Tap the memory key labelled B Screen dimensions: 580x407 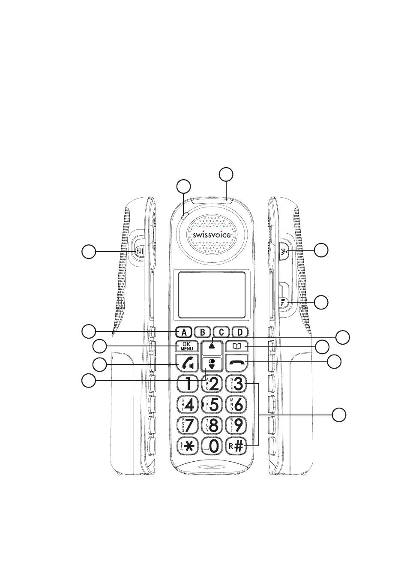(x=203, y=332)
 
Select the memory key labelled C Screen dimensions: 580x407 (x=221, y=332)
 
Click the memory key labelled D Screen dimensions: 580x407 (x=240, y=332)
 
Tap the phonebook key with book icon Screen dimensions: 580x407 (x=237, y=346)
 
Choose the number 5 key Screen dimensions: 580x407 (x=212, y=404)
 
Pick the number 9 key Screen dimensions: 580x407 (x=237, y=425)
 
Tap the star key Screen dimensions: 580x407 (x=187, y=446)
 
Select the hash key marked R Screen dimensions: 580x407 (x=237, y=446)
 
